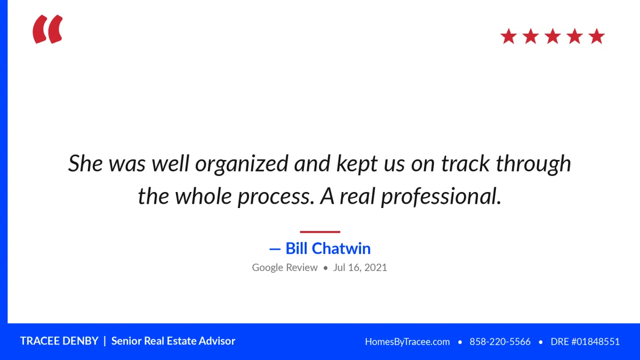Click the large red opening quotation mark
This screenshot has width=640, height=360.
[47, 29]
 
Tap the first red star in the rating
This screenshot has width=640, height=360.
[509, 36]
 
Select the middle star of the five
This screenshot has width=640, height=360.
[553, 36]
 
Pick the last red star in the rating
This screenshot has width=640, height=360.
[597, 36]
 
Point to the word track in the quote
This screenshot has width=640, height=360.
[466, 163]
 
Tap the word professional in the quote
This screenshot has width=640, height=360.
[441, 197]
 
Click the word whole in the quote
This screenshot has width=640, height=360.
[203, 196]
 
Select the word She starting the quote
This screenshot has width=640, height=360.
[85, 163]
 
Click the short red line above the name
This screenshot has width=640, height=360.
[320, 231]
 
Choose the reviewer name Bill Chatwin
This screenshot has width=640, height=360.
[328, 248]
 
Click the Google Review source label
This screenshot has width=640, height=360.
[285, 267]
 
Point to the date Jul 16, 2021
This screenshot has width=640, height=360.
[360, 267]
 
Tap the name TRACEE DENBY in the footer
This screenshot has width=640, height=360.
[59, 341]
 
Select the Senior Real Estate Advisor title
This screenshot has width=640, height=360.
[173, 341]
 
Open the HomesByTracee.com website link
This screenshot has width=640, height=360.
[407, 342]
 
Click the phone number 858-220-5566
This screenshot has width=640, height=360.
[500, 342]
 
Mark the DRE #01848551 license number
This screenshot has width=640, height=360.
[585, 342]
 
